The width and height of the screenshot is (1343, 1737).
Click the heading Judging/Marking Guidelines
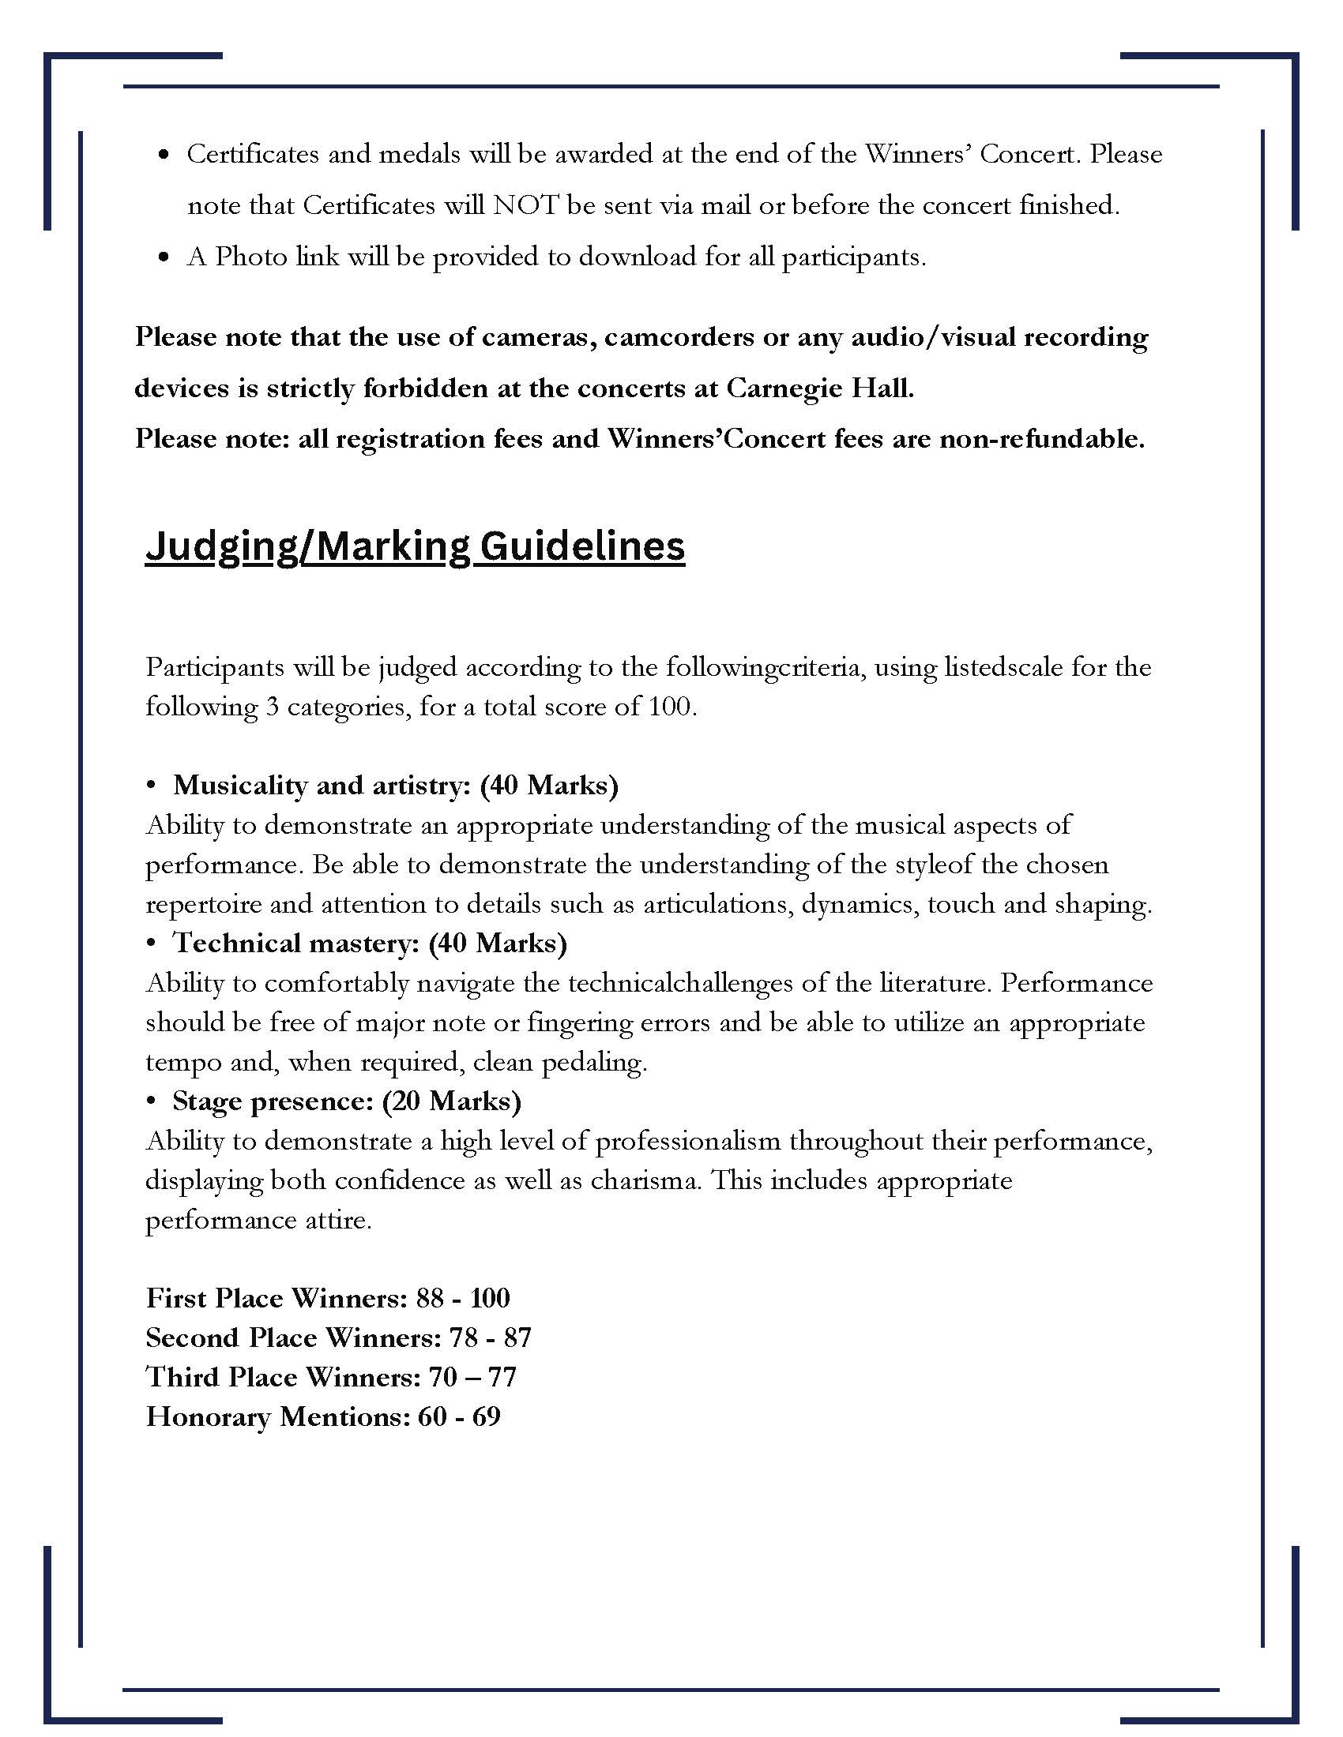coord(415,547)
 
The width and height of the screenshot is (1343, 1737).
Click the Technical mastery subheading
coord(296,944)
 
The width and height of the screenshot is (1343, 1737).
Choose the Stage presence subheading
coord(273,1101)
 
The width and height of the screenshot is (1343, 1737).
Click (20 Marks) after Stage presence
coord(451,1101)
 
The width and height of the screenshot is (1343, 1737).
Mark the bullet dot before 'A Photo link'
coord(164,257)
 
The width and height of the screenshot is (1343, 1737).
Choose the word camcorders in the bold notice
coord(679,338)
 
